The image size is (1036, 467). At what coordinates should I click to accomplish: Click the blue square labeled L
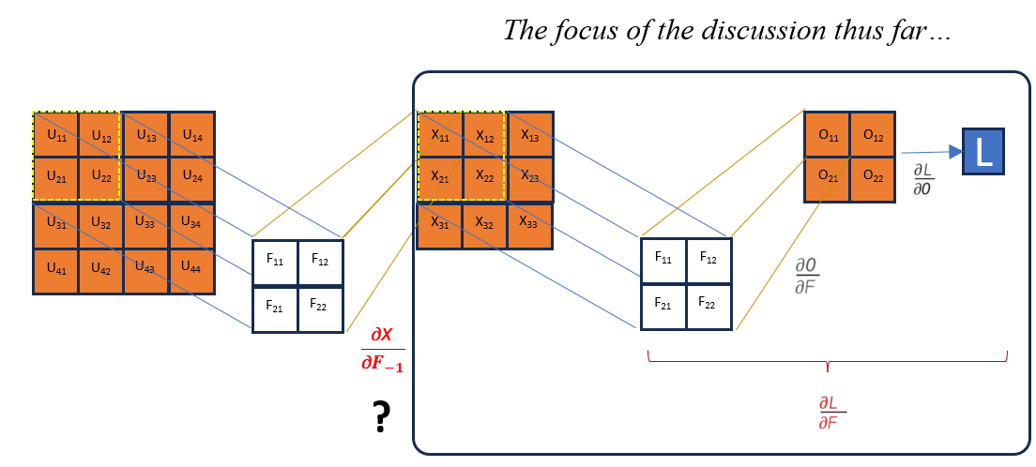point(983,151)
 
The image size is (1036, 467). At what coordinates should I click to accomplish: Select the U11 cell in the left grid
point(56,135)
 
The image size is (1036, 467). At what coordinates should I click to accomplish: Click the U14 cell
point(192,135)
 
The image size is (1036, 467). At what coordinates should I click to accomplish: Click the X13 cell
point(529,135)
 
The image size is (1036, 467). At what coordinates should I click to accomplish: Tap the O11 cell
point(828,135)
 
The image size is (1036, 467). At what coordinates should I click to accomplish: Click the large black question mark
point(381,417)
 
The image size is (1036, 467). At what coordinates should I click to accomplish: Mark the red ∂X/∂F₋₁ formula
point(382,349)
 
